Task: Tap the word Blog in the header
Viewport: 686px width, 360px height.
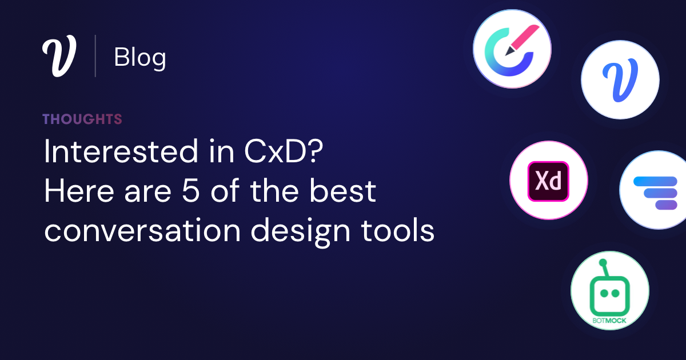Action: [140, 57]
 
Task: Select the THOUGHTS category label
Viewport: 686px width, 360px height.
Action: [82, 119]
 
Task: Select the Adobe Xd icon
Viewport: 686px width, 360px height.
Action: [549, 181]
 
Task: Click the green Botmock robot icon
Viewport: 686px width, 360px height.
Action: [610, 291]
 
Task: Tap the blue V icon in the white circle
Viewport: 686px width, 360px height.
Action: [620, 79]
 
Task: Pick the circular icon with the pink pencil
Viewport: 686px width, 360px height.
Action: [512, 49]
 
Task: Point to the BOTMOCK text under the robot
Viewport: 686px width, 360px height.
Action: [610, 321]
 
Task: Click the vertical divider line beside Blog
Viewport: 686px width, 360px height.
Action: [95, 56]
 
